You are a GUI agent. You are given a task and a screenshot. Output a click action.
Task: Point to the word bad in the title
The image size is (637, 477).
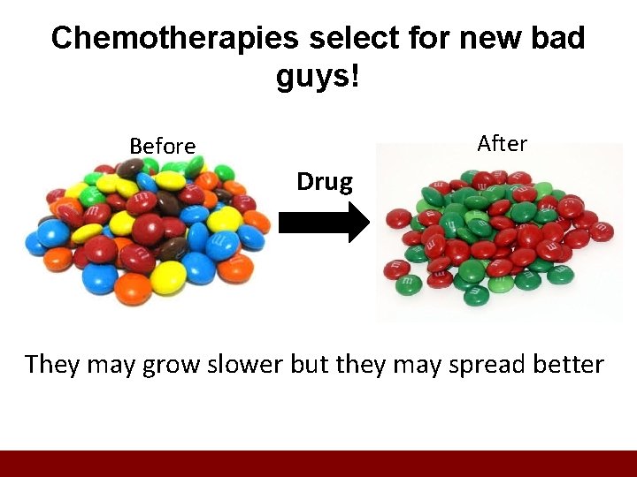(558, 38)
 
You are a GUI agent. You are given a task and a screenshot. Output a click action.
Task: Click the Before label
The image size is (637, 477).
(163, 146)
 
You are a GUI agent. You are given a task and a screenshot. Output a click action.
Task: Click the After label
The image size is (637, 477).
(502, 143)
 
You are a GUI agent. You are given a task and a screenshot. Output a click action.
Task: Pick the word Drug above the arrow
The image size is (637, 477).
(325, 182)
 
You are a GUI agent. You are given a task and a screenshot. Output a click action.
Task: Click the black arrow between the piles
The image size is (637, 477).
(324, 223)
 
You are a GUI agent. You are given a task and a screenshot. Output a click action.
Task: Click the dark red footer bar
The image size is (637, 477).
(318, 464)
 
